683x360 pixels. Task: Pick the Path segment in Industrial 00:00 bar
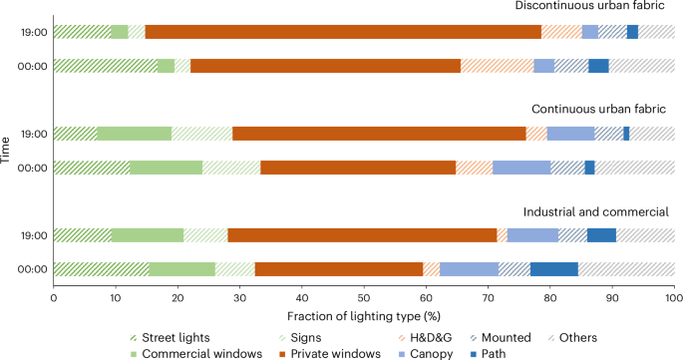554,269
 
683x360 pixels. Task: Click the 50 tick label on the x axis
363,296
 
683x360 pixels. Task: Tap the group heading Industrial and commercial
599,211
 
